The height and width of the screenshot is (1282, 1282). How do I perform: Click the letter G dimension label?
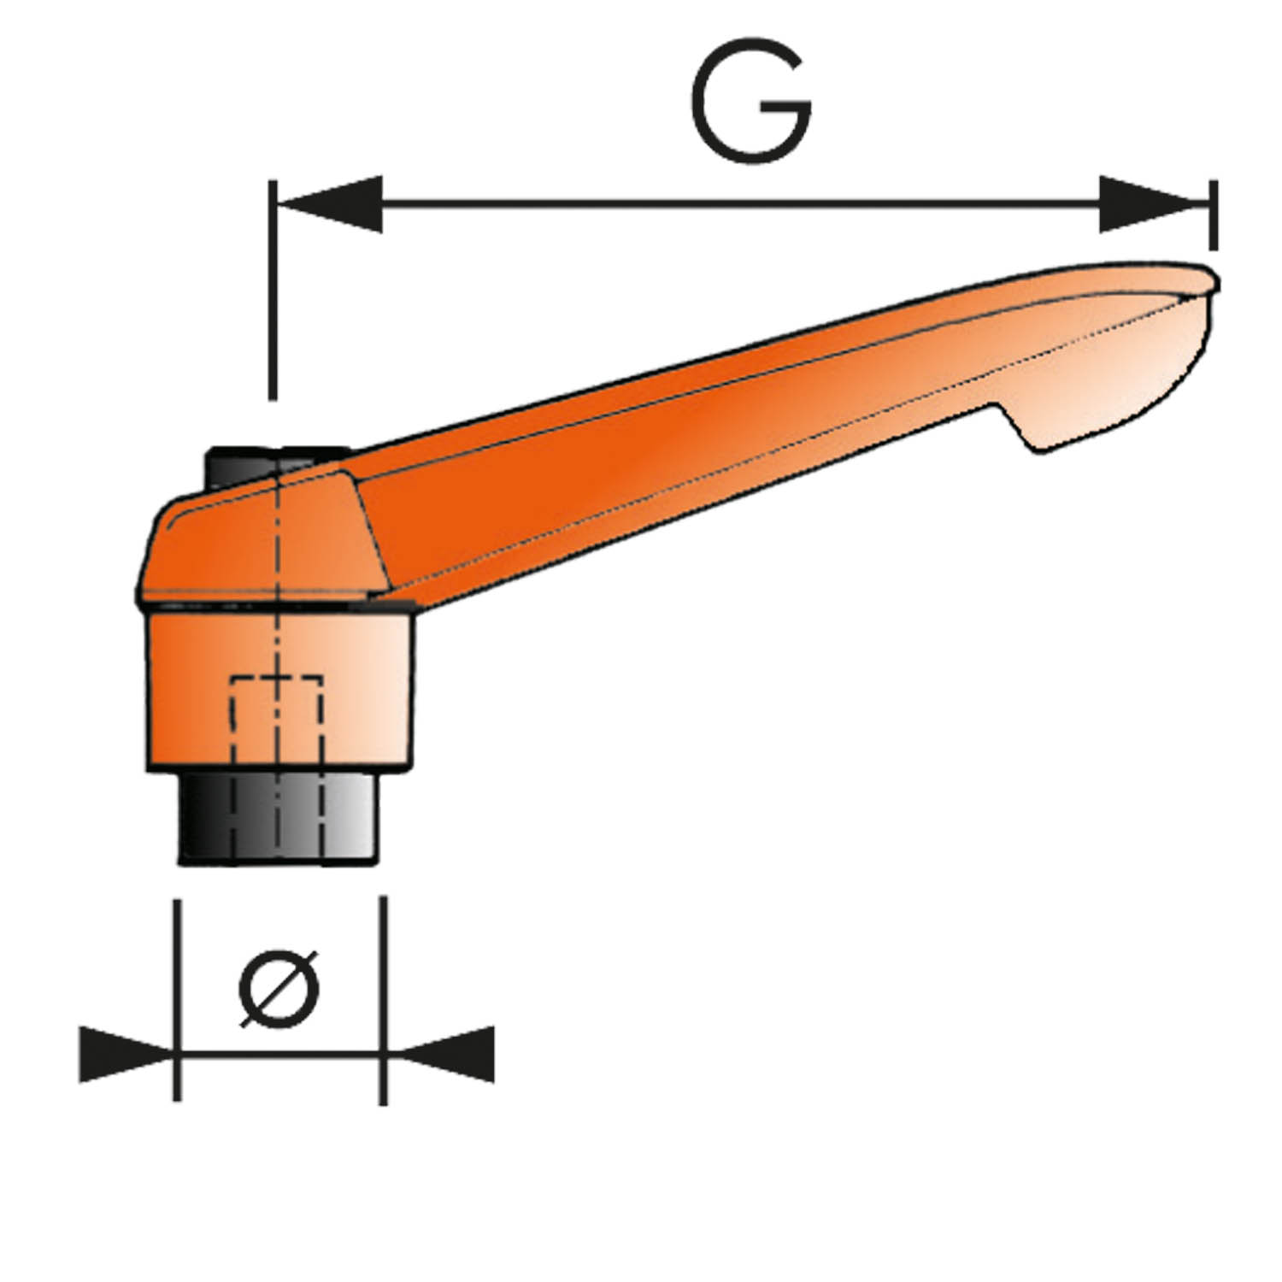point(751,101)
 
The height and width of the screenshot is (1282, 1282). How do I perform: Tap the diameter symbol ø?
point(279,987)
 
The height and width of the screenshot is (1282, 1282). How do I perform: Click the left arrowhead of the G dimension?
point(330,203)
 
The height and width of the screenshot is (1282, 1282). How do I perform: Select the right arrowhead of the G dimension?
point(1154,203)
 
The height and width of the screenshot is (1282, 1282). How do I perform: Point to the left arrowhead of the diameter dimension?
point(126,1054)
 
